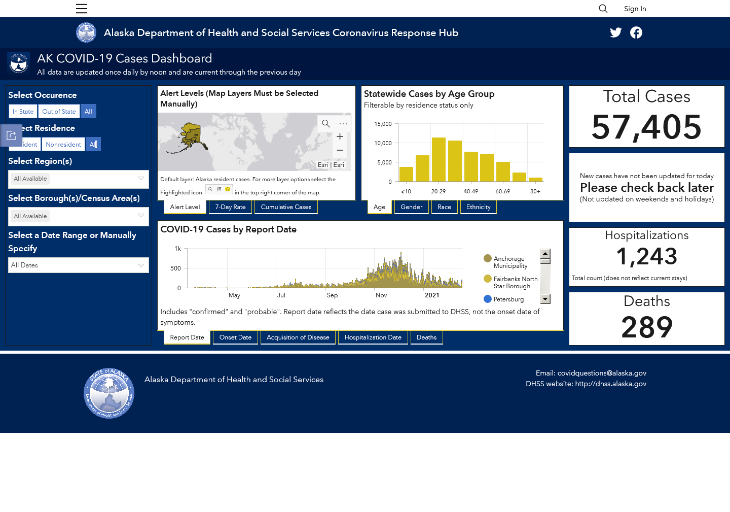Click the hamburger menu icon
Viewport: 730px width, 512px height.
click(x=82, y=9)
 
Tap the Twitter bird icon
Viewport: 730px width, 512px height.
click(x=615, y=32)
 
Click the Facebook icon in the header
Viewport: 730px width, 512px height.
click(x=636, y=32)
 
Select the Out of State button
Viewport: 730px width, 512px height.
click(x=59, y=112)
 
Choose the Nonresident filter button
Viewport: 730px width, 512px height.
click(x=63, y=145)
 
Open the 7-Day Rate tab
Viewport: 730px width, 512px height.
click(x=230, y=207)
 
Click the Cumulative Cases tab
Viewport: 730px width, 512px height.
click(x=286, y=207)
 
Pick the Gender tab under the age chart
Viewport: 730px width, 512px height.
click(x=411, y=207)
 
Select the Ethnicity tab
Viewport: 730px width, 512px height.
click(x=478, y=207)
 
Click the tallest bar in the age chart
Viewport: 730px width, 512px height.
click(x=439, y=159)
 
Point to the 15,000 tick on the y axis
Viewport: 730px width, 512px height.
click(x=383, y=124)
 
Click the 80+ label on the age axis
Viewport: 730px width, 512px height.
click(x=535, y=191)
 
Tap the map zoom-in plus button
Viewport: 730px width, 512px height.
click(x=340, y=136)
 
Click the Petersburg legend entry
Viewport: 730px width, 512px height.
click(x=504, y=299)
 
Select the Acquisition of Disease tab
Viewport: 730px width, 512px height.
click(x=298, y=337)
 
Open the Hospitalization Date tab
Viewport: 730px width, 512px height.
click(x=373, y=337)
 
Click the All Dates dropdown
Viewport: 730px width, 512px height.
click(x=79, y=265)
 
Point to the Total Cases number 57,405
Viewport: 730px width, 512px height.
click(x=646, y=127)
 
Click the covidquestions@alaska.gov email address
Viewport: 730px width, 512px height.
click(x=602, y=373)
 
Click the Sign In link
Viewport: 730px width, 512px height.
click(x=635, y=9)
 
